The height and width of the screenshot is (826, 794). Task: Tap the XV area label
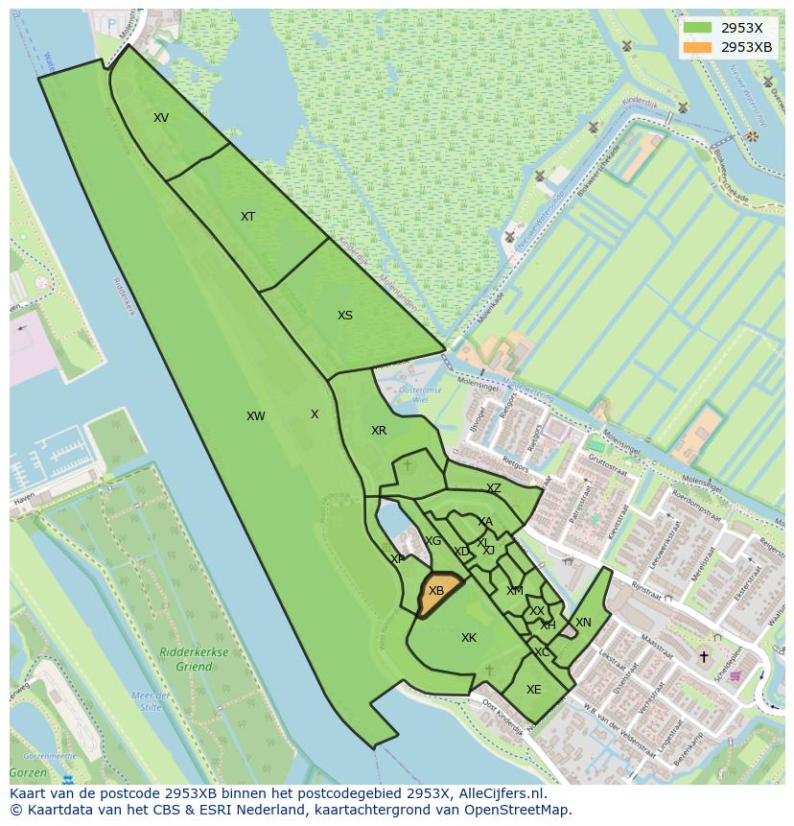tap(161, 118)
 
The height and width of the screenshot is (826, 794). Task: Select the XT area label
tap(247, 217)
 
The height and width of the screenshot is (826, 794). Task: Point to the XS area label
tap(345, 316)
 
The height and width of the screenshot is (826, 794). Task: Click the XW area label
tap(255, 416)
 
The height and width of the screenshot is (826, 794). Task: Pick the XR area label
tap(379, 431)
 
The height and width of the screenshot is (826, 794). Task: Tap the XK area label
tap(469, 638)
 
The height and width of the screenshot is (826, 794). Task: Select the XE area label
tap(534, 690)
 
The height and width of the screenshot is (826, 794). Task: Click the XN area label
tap(583, 623)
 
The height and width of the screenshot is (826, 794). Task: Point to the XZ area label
tap(494, 488)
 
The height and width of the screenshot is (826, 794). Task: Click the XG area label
tap(432, 541)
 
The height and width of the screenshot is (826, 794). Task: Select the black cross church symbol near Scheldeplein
tap(704, 657)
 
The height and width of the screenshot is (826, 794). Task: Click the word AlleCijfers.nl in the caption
tap(500, 794)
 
